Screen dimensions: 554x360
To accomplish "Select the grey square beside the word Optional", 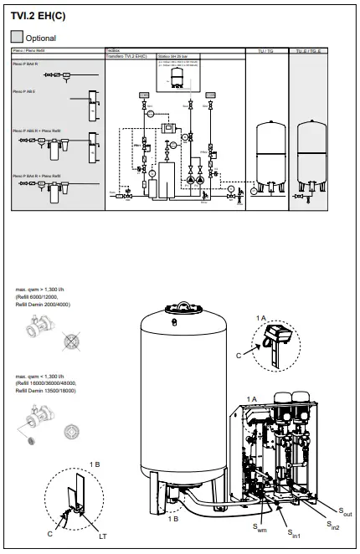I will (x=17, y=38).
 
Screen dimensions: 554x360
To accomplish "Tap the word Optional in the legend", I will (x=41, y=38).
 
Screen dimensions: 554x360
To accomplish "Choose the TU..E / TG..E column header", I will (x=306, y=51).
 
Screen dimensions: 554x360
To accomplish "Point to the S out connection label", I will (x=346, y=511).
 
